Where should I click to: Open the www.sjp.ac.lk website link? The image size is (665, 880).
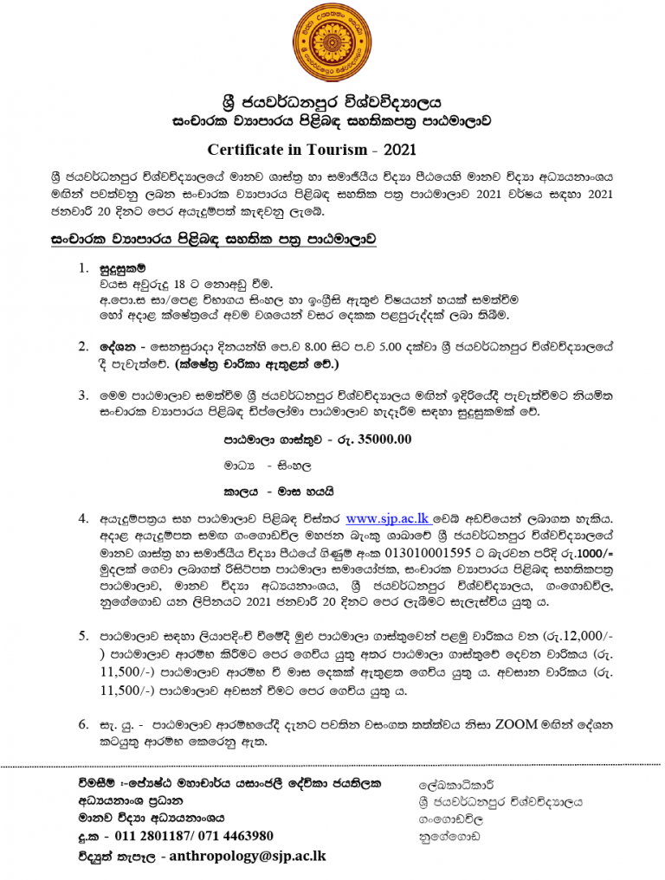[388, 519]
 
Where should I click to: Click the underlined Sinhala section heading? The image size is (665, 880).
[214, 236]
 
